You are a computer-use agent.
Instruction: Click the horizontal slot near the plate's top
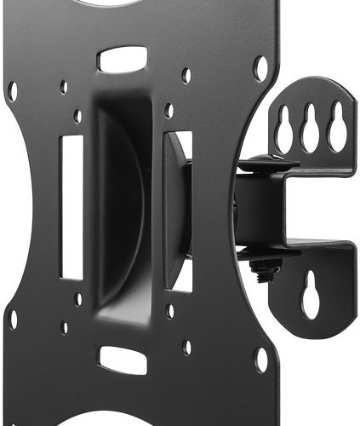tap(122, 59)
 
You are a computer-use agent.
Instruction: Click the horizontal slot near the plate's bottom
tap(122, 359)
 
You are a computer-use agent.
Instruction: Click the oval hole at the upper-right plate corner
tap(260, 67)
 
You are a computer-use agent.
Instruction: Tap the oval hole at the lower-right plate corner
tap(260, 360)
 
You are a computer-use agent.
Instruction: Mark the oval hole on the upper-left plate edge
tap(13, 90)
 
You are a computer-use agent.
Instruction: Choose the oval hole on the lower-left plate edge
tap(13, 319)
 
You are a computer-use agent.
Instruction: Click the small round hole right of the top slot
tap(186, 75)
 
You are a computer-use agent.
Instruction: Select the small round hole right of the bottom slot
tap(186, 347)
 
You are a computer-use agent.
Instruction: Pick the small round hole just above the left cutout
tap(77, 115)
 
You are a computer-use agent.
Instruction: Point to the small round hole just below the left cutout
tap(77, 299)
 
